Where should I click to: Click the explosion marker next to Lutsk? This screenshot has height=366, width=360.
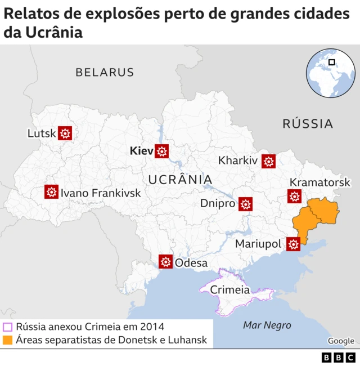65,133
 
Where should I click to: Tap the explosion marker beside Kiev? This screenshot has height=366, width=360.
162,151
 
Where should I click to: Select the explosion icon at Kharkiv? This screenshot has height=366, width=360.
269,161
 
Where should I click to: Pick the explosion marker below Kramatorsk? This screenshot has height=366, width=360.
294,197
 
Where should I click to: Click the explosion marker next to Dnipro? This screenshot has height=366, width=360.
245,204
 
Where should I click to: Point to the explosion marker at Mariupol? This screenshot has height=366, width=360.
293,244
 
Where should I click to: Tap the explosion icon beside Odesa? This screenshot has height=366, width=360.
165,262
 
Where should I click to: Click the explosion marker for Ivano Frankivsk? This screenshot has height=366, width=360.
51,192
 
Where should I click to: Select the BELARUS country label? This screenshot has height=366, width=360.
105,72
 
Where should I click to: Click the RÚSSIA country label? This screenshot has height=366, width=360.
308,123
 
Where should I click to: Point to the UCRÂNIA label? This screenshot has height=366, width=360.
180,180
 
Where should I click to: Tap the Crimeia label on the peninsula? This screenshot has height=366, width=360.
229,290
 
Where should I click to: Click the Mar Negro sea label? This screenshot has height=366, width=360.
267,325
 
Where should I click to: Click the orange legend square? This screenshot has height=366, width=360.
8,340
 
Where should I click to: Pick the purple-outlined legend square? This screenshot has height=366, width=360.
8,327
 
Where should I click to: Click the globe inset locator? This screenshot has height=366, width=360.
331,73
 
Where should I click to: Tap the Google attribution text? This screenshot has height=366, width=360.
341,341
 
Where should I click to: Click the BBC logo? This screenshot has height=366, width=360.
339,357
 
